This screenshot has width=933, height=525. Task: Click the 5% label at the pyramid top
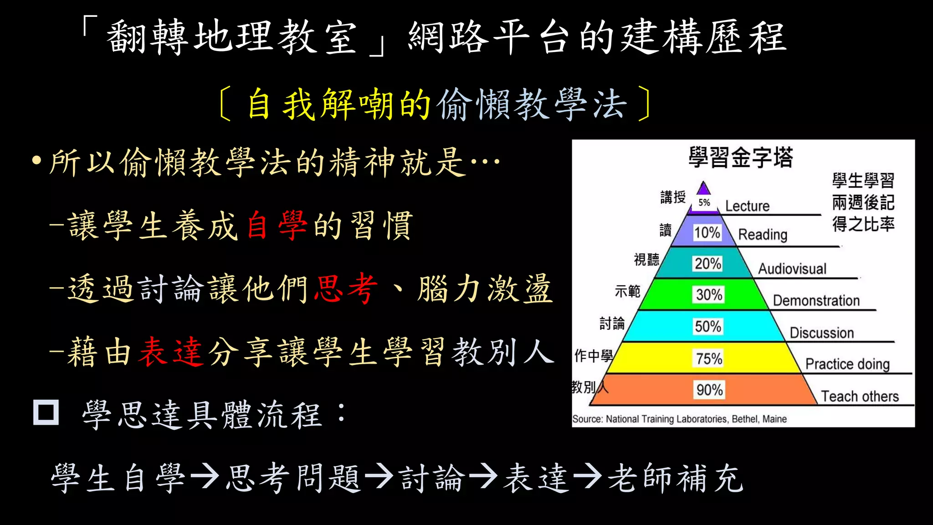click(704, 202)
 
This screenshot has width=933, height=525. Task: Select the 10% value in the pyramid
click(707, 233)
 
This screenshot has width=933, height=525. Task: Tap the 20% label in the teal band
click(708, 263)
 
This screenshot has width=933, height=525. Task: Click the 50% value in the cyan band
click(708, 326)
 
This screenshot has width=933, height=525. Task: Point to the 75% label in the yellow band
click(709, 359)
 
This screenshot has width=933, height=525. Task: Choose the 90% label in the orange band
click(710, 390)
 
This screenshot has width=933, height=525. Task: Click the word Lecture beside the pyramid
click(747, 206)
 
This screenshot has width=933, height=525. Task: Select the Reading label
click(763, 235)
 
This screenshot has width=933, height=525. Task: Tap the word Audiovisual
click(792, 269)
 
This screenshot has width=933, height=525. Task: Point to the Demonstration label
click(816, 301)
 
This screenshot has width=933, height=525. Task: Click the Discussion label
click(822, 333)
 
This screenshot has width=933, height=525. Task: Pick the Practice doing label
click(847, 364)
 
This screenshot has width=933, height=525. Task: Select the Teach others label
click(860, 396)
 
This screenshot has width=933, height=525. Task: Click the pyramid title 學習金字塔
click(741, 158)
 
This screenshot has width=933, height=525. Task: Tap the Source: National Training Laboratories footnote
click(679, 419)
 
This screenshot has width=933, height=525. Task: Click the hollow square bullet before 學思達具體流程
click(46, 412)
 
